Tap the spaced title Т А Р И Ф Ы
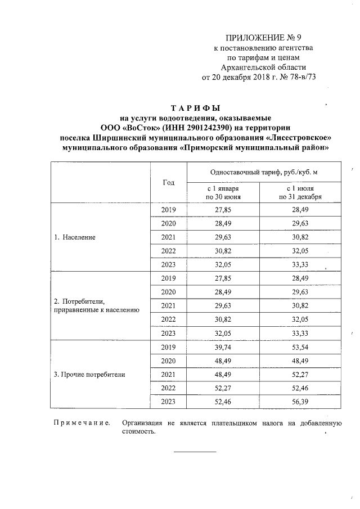196,107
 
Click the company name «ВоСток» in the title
143,127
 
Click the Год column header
168,182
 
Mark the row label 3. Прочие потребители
89,373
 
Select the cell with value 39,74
223,346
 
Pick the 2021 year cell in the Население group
168,237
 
